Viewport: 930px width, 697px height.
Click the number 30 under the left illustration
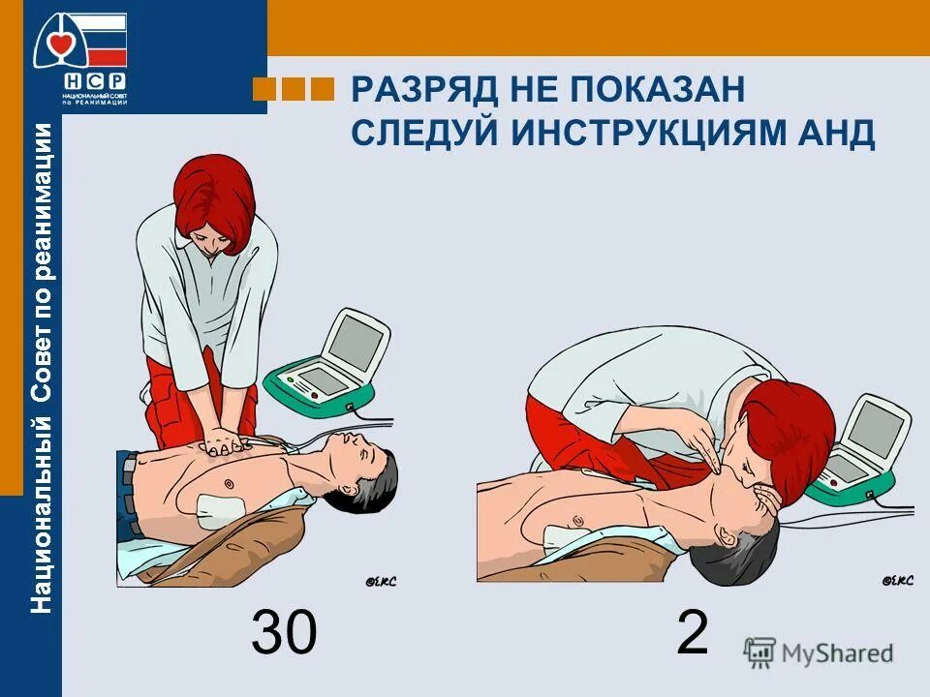[284, 634]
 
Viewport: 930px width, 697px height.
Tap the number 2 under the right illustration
[692, 634]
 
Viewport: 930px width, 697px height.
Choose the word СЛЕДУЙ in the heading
[425, 134]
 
